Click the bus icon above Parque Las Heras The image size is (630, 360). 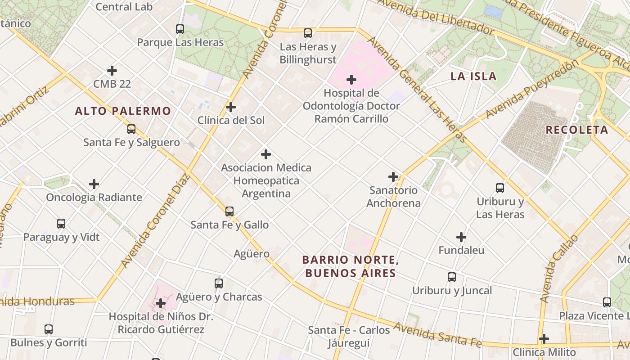coord(180,29)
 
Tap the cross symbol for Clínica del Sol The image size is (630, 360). coord(231,107)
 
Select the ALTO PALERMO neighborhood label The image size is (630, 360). coord(123,111)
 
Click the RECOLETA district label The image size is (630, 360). coord(577,130)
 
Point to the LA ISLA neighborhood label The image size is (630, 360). coord(473,76)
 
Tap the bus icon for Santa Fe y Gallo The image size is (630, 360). coord(229,211)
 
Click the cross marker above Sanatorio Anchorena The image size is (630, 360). coord(393,177)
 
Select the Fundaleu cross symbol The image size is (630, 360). coord(461,237)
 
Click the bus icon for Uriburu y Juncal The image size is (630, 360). coord(452,277)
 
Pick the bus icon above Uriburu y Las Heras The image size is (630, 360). coord(500,188)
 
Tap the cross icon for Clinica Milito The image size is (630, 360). coord(544,339)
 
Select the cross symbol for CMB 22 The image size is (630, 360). coord(112,71)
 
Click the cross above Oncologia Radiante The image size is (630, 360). coord(94,184)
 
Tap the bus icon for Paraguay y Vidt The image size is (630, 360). coord(61,224)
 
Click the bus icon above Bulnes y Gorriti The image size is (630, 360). coord(49,329)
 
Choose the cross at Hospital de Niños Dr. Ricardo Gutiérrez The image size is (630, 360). coord(161,303)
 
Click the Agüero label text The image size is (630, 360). coord(252,254)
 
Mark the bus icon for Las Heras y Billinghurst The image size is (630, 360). coord(308,33)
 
